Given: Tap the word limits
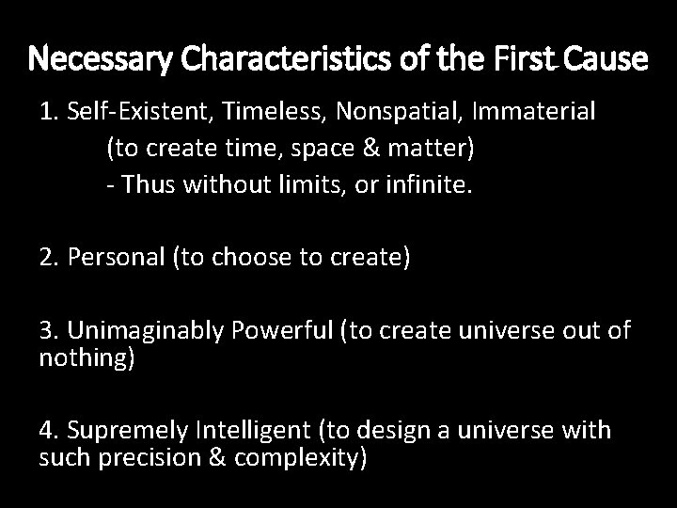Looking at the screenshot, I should pyautogui.click(x=276, y=184).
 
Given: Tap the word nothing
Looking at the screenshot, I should pyautogui.click(x=84, y=358).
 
